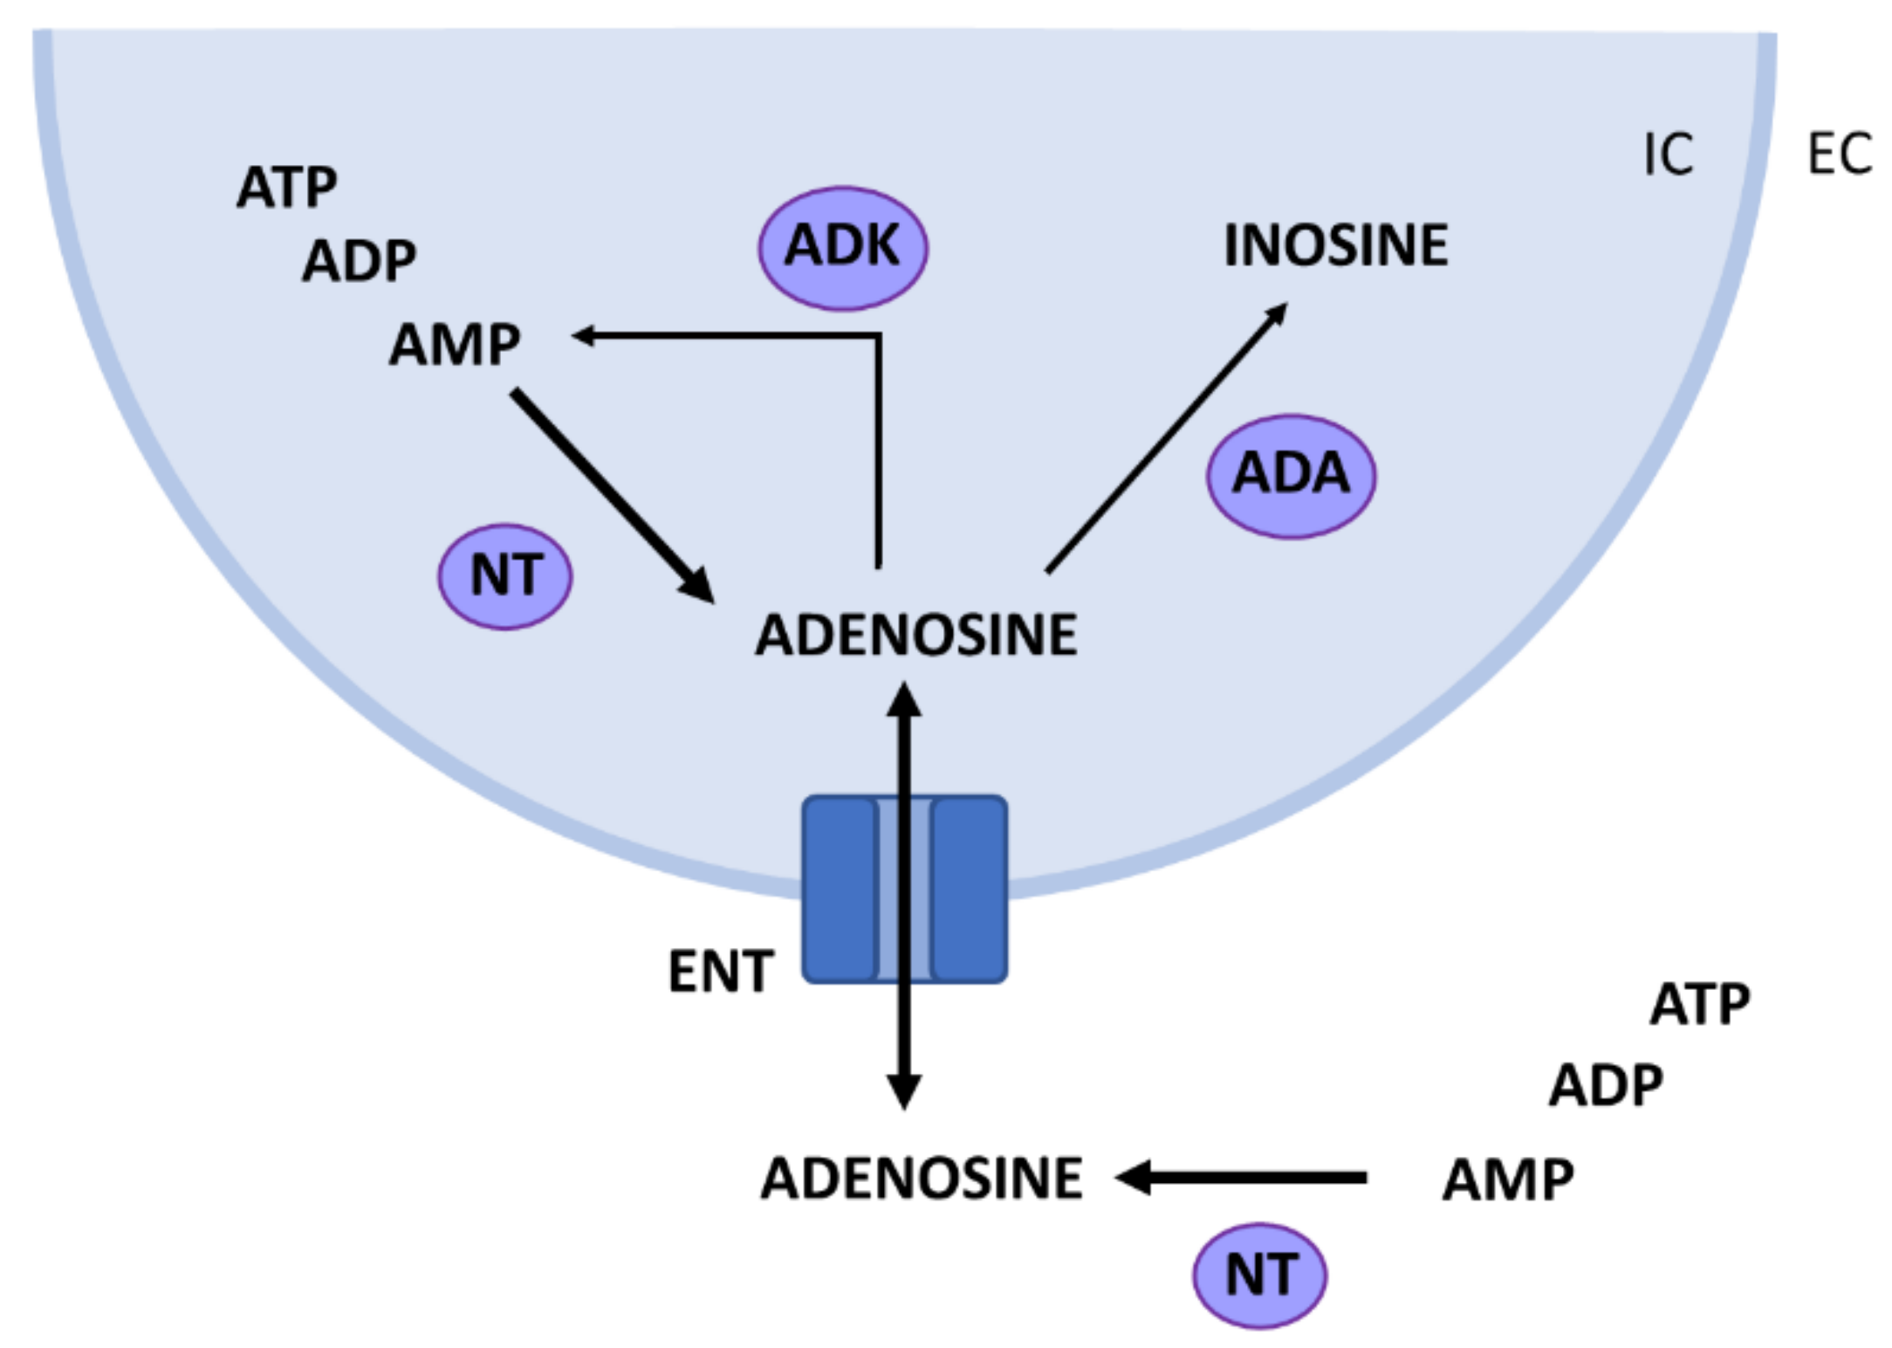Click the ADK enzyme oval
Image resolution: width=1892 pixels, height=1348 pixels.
842,247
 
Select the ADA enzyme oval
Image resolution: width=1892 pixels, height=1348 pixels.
1291,475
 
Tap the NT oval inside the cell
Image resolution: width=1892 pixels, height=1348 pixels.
505,576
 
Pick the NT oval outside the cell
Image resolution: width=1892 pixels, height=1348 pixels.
1259,1276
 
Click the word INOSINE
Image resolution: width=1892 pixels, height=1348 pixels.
1336,245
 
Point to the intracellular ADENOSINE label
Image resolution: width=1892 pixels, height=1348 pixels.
916,635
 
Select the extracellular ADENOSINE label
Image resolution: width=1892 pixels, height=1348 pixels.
922,1179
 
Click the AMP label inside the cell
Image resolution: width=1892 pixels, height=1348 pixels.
455,345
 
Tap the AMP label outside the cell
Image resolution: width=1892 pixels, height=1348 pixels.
1508,1180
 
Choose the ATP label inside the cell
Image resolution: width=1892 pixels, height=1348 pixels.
287,188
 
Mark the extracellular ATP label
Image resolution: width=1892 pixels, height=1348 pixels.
1699,1004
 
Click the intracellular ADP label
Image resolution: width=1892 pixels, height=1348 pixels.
359,261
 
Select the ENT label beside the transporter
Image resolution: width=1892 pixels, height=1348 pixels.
721,972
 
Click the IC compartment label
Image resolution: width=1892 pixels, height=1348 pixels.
1668,155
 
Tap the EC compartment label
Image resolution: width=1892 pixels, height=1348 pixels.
1840,155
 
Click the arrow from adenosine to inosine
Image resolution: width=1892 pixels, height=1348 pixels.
1166,438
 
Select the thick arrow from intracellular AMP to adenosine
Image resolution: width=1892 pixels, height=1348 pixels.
611,493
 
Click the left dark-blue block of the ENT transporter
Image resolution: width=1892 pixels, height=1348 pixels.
839,889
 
